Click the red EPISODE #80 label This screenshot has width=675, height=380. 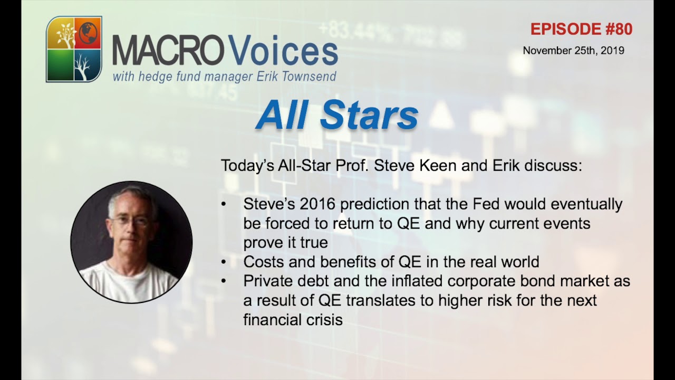tap(581, 30)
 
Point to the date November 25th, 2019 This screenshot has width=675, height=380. tap(573, 51)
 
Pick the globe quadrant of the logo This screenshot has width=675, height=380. tap(88, 33)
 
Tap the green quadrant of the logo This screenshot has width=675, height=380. tap(60, 65)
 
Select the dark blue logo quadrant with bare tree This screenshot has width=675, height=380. tap(87, 65)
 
